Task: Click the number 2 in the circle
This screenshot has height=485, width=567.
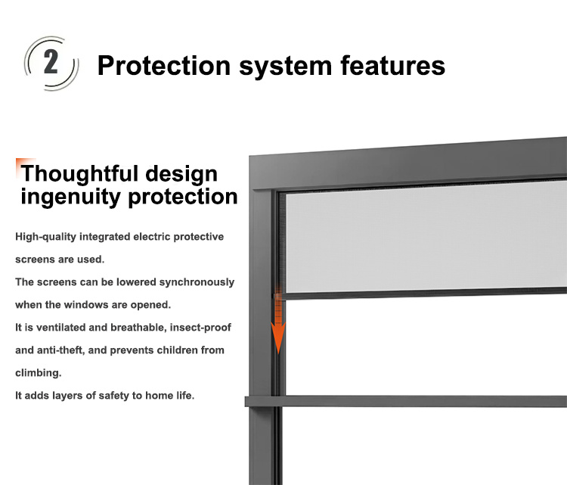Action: point(51,62)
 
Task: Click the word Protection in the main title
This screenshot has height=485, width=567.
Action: point(164,66)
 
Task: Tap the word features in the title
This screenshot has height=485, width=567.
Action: point(393,66)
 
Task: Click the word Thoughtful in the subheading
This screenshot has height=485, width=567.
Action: point(79,173)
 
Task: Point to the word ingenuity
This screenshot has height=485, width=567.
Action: point(70,197)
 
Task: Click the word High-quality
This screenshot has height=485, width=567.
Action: point(45,237)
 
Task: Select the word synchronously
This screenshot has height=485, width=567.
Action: point(197,283)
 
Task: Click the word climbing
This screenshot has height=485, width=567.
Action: point(39,374)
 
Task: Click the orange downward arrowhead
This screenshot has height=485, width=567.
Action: point(278,337)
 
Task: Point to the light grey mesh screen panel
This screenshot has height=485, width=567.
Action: point(426,236)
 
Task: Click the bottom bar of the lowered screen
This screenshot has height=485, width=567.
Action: point(420,293)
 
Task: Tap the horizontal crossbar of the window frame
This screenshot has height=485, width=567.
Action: point(406,401)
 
